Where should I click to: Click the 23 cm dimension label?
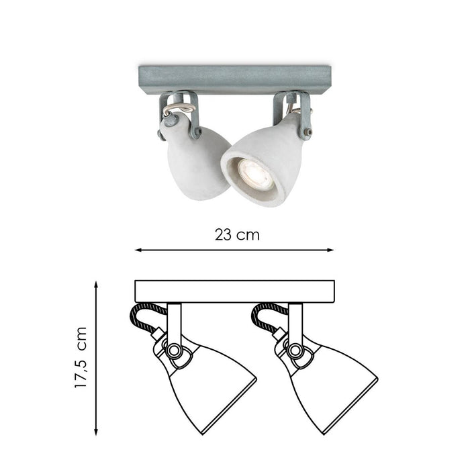236,235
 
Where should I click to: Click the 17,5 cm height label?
83,358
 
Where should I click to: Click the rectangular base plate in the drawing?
234,291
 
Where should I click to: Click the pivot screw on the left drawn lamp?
174,350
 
